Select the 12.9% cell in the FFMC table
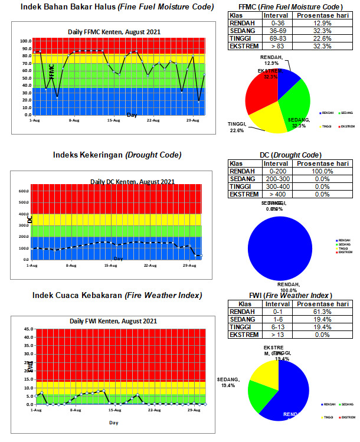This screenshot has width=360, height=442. pos(322,23)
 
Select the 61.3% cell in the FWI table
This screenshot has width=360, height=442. pos(322,311)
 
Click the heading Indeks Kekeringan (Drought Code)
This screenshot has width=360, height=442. pos(117,155)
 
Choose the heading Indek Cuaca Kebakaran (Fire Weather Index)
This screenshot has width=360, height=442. pos(117,295)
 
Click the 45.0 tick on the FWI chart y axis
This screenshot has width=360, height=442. pos(27,329)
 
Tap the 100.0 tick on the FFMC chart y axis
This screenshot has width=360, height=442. pos(25,41)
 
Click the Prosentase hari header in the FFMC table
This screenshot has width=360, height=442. pos(322,15)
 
